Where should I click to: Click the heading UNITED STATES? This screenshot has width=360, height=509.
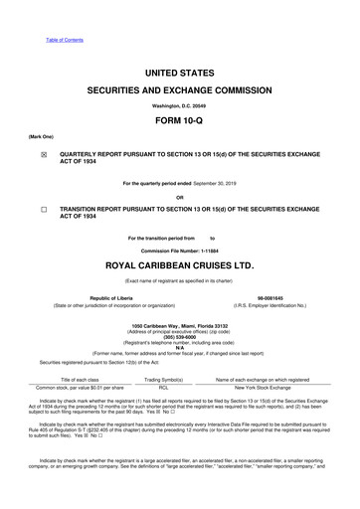click(180, 75)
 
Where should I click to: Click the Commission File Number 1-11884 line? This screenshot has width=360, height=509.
click(180, 250)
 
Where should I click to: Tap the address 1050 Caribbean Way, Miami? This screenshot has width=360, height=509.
click(180, 326)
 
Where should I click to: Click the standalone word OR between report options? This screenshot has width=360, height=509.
click(180, 195)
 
